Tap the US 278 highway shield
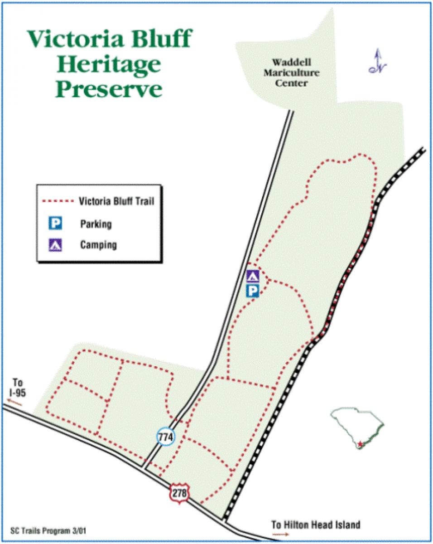tap(179, 493)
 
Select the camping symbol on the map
tap(252, 276)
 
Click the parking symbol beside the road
tap(252, 291)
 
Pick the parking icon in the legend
tap(55, 223)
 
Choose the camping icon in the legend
tap(55, 245)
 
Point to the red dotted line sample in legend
tap(57, 201)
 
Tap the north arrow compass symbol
tap(377, 62)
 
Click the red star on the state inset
tap(360, 444)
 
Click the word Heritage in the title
tap(108, 65)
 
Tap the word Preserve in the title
tap(108, 89)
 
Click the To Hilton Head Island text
tap(316, 525)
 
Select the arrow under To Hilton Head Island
tap(281, 535)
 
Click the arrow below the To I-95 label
tap(14, 402)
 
